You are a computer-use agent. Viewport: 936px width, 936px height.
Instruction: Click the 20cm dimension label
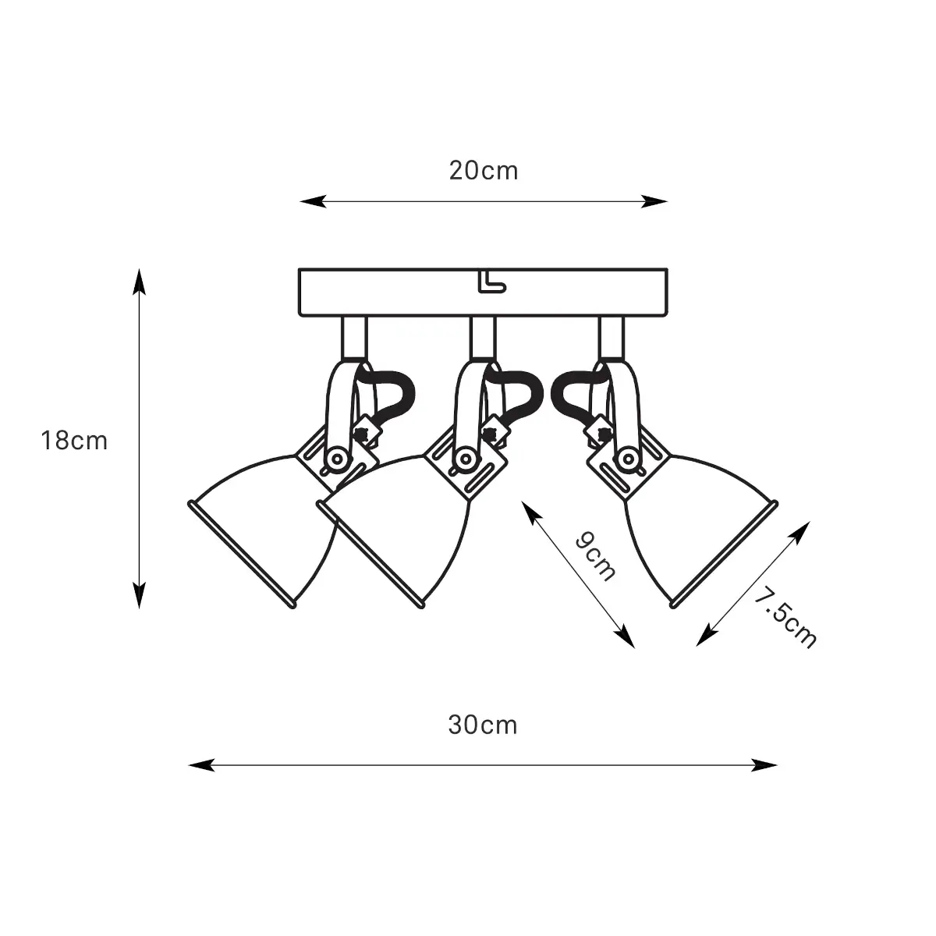pyautogui.click(x=484, y=171)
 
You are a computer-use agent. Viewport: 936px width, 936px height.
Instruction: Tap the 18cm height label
pyautogui.click(x=74, y=441)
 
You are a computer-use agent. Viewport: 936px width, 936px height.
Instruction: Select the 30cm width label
pyautogui.click(x=483, y=725)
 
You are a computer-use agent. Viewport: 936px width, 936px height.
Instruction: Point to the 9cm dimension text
pyautogui.click(x=595, y=557)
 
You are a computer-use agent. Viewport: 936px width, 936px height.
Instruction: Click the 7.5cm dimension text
pyautogui.click(x=785, y=617)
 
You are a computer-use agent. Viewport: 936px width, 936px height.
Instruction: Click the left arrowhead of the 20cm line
pyautogui.click(x=313, y=201)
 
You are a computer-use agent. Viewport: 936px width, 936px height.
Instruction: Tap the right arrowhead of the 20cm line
pyautogui.click(x=654, y=201)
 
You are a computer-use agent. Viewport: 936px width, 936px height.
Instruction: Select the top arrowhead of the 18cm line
pyautogui.click(x=140, y=282)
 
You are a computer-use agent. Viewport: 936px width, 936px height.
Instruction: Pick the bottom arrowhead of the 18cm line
pyautogui.click(x=140, y=595)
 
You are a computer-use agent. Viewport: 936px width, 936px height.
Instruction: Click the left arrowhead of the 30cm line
pyautogui.click(x=201, y=765)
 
